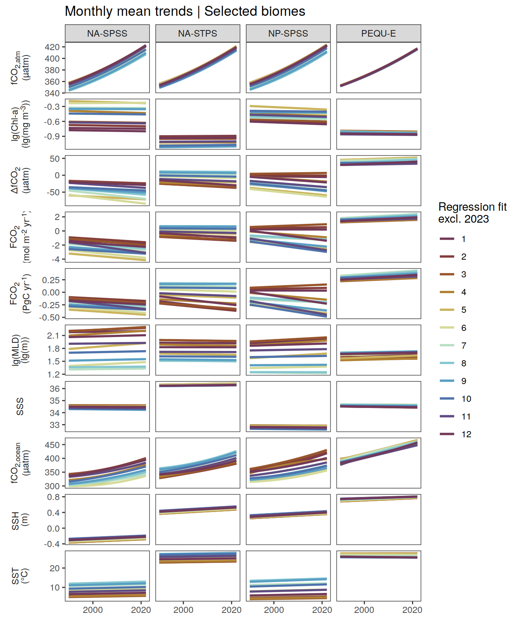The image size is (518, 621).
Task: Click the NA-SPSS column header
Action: click(x=107, y=34)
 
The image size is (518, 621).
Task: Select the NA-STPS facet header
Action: click(x=197, y=34)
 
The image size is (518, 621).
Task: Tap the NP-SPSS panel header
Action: click(x=288, y=34)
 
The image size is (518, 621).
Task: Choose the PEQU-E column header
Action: click(x=378, y=34)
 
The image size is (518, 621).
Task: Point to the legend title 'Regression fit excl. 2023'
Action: click(x=472, y=213)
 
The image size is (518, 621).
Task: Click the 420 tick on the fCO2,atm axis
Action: click(x=52, y=47)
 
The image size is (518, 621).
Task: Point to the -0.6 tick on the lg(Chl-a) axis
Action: click(x=52, y=122)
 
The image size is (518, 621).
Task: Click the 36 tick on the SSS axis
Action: click(x=55, y=389)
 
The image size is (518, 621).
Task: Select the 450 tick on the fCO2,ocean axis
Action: click(x=52, y=445)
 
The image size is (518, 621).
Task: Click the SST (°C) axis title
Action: click(x=20, y=576)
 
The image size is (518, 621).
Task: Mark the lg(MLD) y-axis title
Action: click(x=20, y=350)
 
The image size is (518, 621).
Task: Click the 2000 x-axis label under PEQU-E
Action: click(x=364, y=610)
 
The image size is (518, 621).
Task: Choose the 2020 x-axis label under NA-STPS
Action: click(x=232, y=610)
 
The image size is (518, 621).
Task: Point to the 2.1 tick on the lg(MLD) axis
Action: click(x=54, y=336)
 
